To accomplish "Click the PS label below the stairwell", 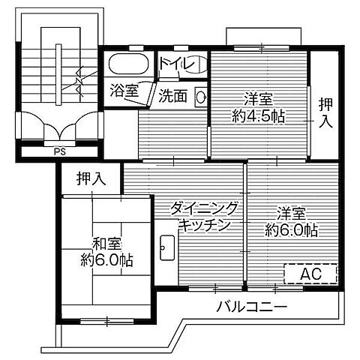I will [x=58, y=148].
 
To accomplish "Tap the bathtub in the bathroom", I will [x=129, y=64].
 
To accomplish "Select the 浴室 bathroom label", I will [x=124, y=91].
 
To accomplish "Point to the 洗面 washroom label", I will [x=173, y=95].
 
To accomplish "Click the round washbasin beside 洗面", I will [x=200, y=96].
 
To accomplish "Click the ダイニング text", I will [x=205, y=208].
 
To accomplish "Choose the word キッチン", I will [x=203, y=225].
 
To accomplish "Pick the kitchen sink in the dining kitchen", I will [x=168, y=247].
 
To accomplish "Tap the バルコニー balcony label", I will [x=251, y=307].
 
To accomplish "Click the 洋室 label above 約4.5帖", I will [x=257, y=98].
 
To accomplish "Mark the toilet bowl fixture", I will [x=193, y=64].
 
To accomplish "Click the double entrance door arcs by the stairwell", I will [x=58, y=123].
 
